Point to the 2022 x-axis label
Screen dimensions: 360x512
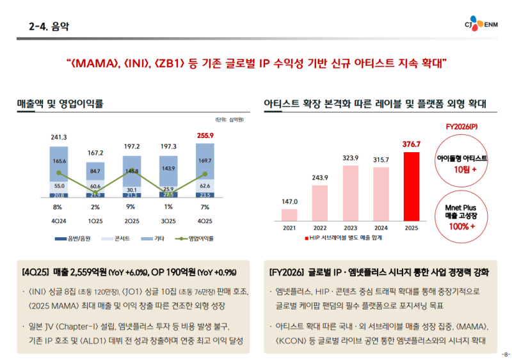coord(320,227)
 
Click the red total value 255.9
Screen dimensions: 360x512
coord(205,136)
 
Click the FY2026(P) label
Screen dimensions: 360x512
coord(462,127)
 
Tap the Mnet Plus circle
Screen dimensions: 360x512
coord(462,214)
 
